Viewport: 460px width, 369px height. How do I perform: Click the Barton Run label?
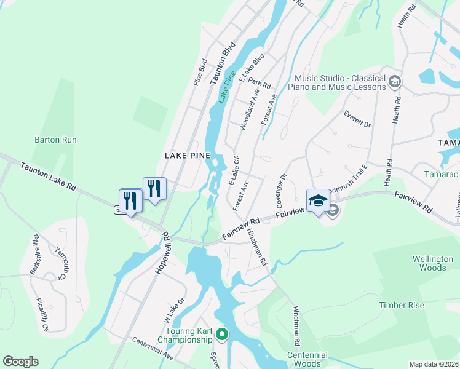[x=55, y=140]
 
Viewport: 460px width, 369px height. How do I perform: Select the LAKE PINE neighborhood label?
[x=188, y=156]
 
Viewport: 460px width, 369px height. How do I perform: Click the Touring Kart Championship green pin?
[x=222, y=335]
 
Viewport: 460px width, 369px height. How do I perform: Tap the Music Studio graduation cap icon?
[x=394, y=82]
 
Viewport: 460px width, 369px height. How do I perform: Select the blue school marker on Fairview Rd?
[x=318, y=201]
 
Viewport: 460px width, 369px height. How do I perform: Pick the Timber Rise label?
[x=401, y=305]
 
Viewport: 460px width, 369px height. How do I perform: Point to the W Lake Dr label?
[x=174, y=311]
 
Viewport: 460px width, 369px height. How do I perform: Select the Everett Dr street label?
[x=358, y=119]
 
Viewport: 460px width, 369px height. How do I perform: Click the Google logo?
[x=20, y=362]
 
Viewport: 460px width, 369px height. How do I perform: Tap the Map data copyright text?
[x=433, y=364]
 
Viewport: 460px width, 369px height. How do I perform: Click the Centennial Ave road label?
[x=153, y=348]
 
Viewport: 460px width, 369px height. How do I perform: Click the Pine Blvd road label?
[x=200, y=73]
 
